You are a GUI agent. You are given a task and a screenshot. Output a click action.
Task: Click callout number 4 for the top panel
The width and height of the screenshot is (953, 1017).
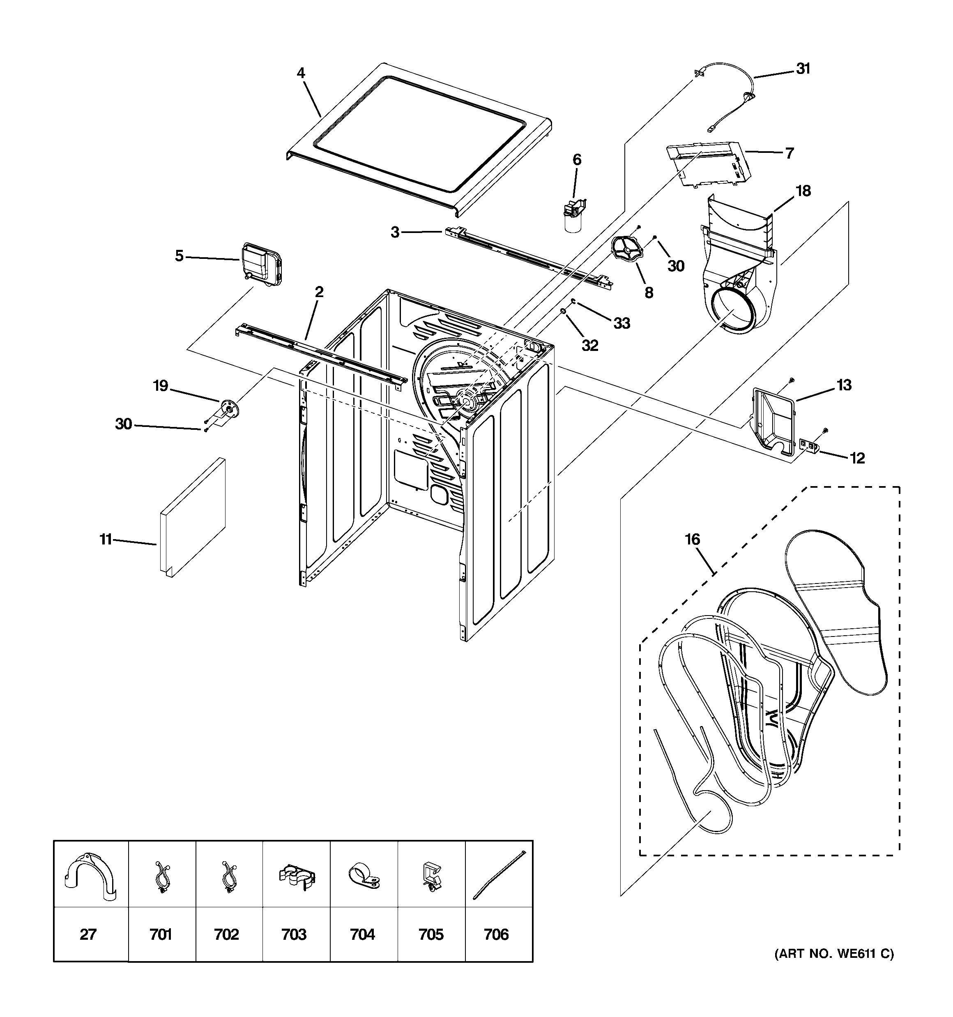[x=301, y=73]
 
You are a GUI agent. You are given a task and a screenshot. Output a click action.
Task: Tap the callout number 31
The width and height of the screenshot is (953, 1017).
[x=803, y=69]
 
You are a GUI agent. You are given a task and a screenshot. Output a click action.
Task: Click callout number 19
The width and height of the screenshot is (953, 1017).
[x=161, y=386]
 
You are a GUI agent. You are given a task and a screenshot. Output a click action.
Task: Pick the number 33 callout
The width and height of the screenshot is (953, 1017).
[x=622, y=323]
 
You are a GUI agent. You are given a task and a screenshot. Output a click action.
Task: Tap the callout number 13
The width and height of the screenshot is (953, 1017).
[x=844, y=385]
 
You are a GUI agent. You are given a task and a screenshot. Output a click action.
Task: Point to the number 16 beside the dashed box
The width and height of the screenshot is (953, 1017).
[x=692, y=539]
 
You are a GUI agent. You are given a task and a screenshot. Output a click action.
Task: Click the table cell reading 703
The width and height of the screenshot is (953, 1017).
[x=294, y=935]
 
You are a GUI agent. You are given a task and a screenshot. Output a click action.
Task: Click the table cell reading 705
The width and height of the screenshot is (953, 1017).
[x=431, y=935]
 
